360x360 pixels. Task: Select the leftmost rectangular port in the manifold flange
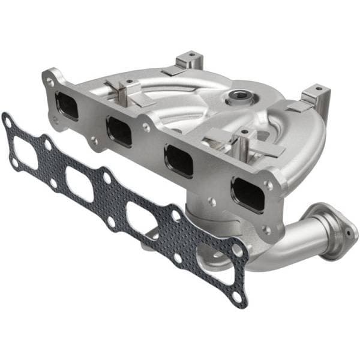(67, 106)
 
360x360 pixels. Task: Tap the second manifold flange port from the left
(119, 131)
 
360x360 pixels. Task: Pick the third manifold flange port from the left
(179, 160)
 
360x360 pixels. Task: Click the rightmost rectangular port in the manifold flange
(248, 193)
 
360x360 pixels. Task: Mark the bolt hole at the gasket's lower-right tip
(238, 297)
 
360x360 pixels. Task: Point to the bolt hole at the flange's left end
(49, 79)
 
